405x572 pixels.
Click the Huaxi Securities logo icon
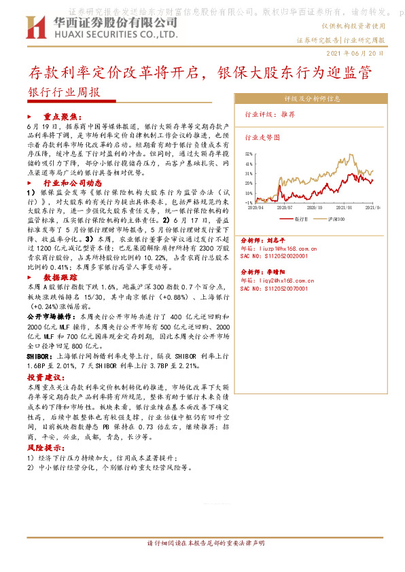(x=35, y=29)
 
